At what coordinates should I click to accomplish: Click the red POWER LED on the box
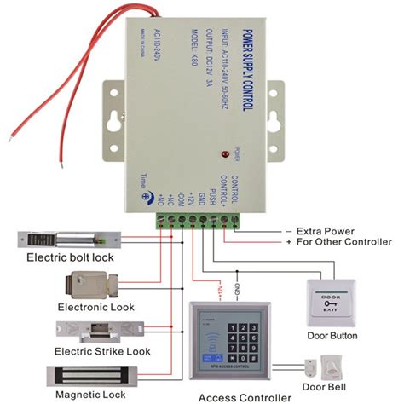(224, 155)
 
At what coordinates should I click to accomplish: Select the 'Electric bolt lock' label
(69, 257)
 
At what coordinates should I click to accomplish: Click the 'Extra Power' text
(324, 231)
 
